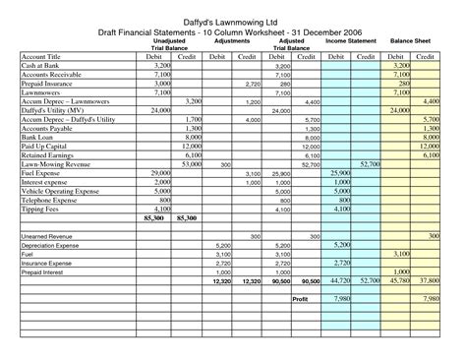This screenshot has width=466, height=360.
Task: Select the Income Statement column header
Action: (350, 43)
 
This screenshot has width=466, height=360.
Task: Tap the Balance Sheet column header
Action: (413, 43)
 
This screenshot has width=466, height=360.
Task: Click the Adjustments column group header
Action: (232, 43)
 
